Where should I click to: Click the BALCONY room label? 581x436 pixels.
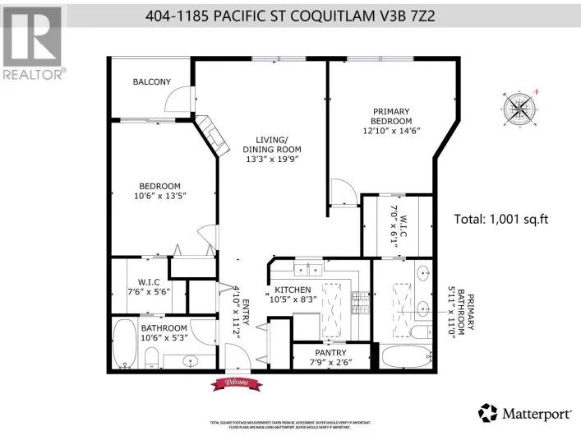[x=151, y=81]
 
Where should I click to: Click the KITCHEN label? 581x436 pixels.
[x=292, y=290]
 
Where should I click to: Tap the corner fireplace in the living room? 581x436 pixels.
[x=212, y=136]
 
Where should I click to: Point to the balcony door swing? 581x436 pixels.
[x=176, y=100]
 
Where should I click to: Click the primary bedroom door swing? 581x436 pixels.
[x=344, y=192]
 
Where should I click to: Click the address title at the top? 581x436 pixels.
[x=291, y=14]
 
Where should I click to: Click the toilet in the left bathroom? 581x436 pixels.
[x=150, y=357]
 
